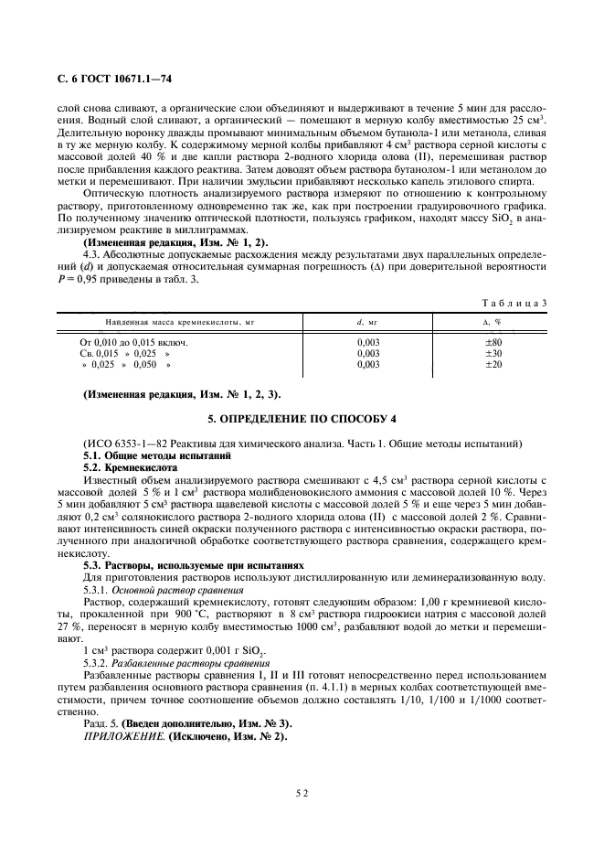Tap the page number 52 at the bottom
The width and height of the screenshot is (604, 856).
[x=302, y=795]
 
